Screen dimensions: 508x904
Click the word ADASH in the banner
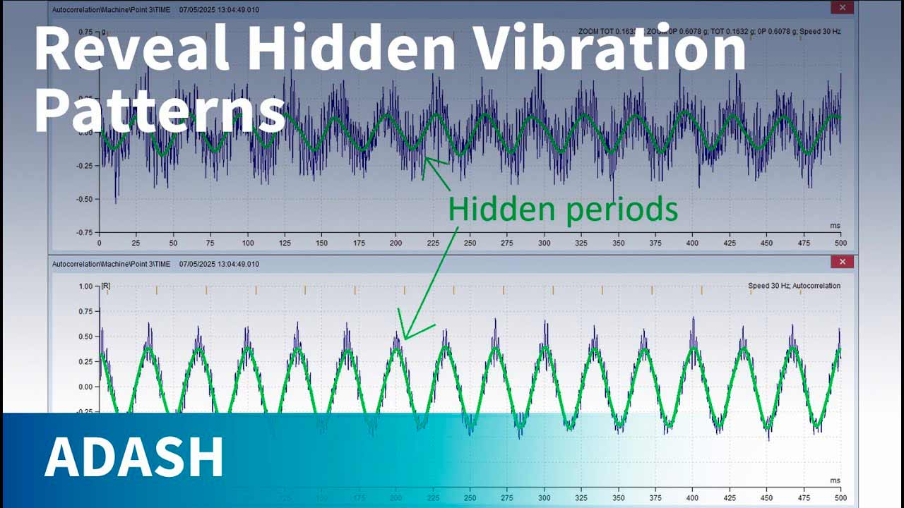click(x=134, y=457)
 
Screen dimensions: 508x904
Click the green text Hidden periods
click(x=563, y=209)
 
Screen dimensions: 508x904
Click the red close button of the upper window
click(x=842, y=8)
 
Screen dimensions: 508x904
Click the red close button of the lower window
click(x=842, y=262)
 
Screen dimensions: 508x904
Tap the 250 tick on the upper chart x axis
click(x=470, y=243)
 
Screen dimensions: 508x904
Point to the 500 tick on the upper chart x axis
click(x=840, y=243)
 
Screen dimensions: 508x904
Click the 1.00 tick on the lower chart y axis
click(x=86, y=286)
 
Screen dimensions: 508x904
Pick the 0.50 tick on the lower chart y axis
click(x=86, y=337)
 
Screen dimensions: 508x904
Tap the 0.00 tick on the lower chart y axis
click(x=86, y=387)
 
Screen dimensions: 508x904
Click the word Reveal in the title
click(x=131, y=49)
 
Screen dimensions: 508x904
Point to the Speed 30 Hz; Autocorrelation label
click(x=794, y=286)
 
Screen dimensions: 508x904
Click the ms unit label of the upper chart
click(x=835, y=225)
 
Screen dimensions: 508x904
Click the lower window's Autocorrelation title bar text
click(x=112, y=264)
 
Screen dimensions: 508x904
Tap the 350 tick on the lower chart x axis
click(x=618, y=497)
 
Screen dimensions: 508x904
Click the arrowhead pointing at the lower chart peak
click(x=405, y=334)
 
